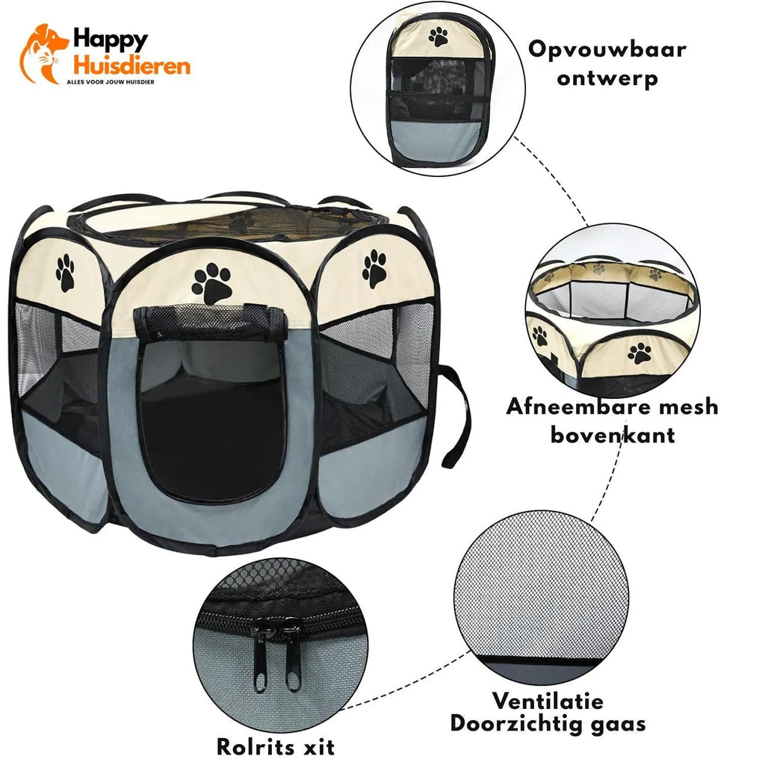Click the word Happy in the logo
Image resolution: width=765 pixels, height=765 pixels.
point(111,40)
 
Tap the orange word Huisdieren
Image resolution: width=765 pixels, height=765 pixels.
point(131,65)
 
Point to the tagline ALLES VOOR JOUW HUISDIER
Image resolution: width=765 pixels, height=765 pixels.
point(111,82)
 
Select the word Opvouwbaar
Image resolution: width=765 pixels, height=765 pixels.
point(607,50)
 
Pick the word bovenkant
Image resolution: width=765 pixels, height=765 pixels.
point(613,435)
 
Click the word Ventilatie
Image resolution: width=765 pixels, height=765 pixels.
point(548,701)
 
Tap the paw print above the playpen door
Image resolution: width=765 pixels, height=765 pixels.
point(211,283)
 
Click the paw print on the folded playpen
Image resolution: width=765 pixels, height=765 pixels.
point(438,37)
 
